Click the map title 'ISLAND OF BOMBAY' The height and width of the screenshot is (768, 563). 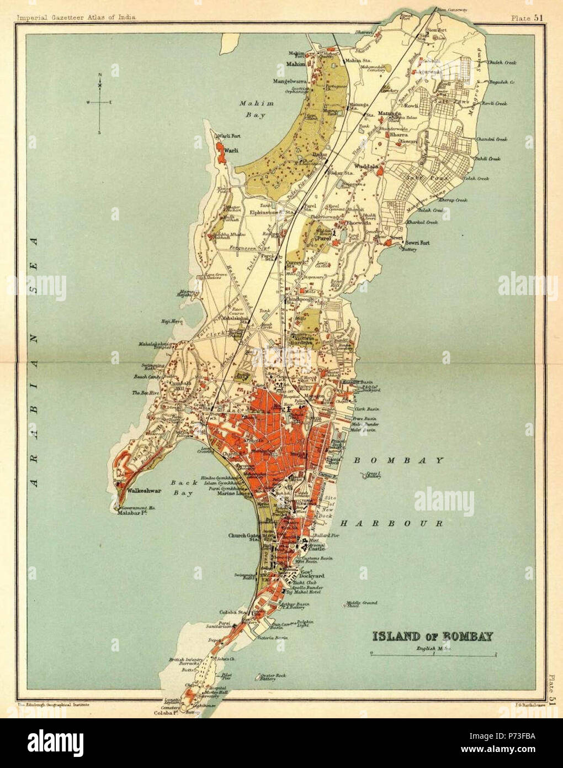433,636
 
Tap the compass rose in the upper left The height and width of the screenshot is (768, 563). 100,102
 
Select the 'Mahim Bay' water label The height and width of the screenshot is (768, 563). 252,109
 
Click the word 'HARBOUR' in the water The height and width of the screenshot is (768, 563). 391,523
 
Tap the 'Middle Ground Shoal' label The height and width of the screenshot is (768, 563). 361,604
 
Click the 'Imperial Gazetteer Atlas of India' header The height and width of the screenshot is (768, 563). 76,18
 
